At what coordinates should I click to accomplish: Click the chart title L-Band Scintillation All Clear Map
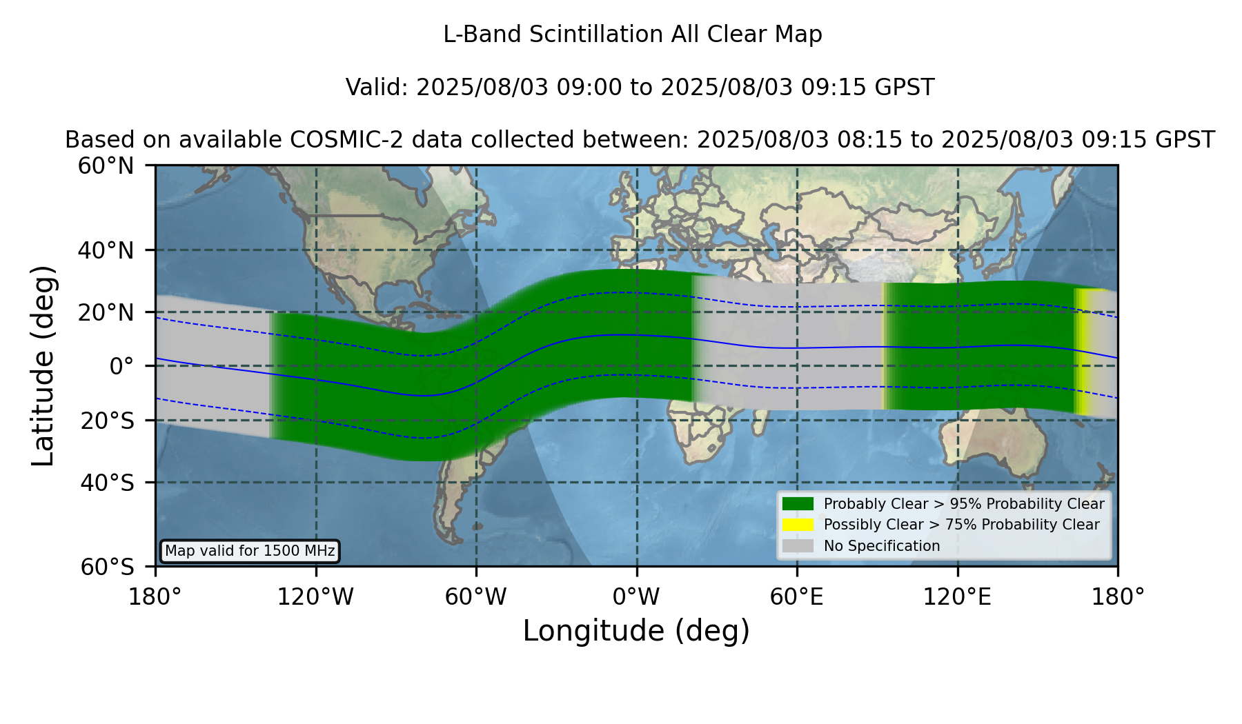click(x=632, y=34)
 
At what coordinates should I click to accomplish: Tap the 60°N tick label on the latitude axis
click(x=106, y=166)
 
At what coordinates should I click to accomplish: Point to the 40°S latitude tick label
click(x=107, y=483)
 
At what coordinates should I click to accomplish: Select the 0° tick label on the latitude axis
click(x=121, y=366)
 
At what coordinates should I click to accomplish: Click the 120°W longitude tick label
click(x=315, y=597)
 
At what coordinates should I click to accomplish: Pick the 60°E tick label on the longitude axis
click(x=797, y=597)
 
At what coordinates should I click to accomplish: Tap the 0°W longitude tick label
click(x=637, y=597)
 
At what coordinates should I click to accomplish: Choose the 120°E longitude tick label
click(x=957, y=597)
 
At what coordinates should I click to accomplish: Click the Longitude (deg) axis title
click(x=636, y=631)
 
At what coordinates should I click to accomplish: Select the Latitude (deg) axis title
click(x=43, y=365)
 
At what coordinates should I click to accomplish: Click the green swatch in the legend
click(x=798, y=503)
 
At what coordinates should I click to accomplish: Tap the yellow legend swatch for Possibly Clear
click(x=798, y=525)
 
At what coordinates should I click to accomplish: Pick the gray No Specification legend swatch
click(x=798, y=546)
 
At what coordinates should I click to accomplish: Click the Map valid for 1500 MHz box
click(x=250, y=551)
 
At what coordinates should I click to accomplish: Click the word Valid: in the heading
click(x=377, y=88)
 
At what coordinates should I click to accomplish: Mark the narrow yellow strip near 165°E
click(x=1082, y=352)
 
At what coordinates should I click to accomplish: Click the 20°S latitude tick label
click(x=107, y=421)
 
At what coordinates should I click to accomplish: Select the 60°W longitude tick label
click(x=475, y=597)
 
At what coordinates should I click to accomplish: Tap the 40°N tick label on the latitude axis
click(x=106, y=250)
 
